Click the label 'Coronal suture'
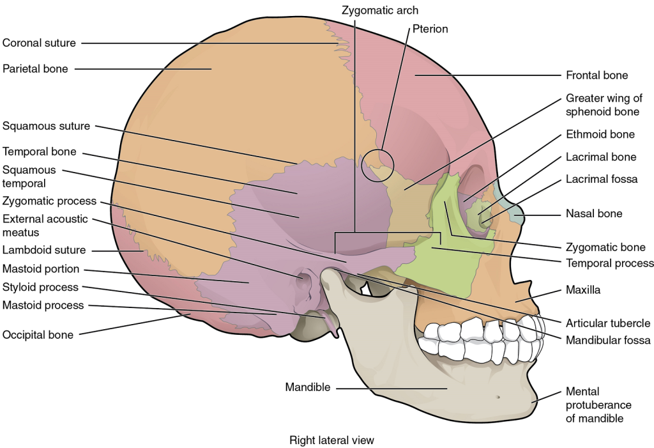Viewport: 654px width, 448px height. [x=39, y=43]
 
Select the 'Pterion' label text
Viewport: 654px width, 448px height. [x=430, y=29]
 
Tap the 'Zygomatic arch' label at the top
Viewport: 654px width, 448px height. [x=380, y=10]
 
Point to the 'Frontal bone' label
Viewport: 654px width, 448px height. [x=597, y=75]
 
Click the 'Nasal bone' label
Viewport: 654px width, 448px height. [x=594, y=213]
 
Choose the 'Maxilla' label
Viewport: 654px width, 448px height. [x=583, y=290]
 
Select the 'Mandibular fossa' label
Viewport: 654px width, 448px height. [x=607, y=341]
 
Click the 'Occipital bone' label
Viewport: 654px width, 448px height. [x=38, y=334]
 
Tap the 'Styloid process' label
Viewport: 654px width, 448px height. [x=40, y=287]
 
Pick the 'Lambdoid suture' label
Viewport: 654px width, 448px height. [x=44, y=250]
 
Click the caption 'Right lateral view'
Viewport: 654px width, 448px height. [x=331, y=440]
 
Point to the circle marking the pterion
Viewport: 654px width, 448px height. [x=377, y=166]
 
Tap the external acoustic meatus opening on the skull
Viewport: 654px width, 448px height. [x=303, y=278]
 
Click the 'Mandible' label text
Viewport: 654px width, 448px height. [x=308, y=387]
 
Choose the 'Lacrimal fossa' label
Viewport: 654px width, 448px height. [x=601, y=179]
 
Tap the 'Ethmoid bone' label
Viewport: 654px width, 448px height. [x=600, y=134]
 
